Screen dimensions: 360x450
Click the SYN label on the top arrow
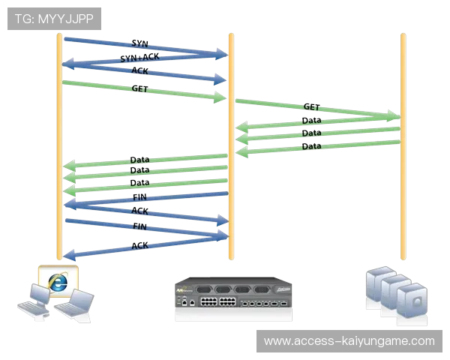[140, 43]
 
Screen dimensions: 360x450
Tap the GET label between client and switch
[139, 88]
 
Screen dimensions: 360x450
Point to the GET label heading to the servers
[311, 108]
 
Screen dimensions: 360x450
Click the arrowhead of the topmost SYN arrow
[221, 53]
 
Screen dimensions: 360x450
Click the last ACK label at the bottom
[139, 244]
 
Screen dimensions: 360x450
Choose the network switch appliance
[233, 298]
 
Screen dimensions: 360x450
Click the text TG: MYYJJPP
[54, 19]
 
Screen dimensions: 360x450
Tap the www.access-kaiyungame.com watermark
[349, 341]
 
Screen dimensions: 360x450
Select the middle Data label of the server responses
[311, 132]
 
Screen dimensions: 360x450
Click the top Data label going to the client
[139, 160]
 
